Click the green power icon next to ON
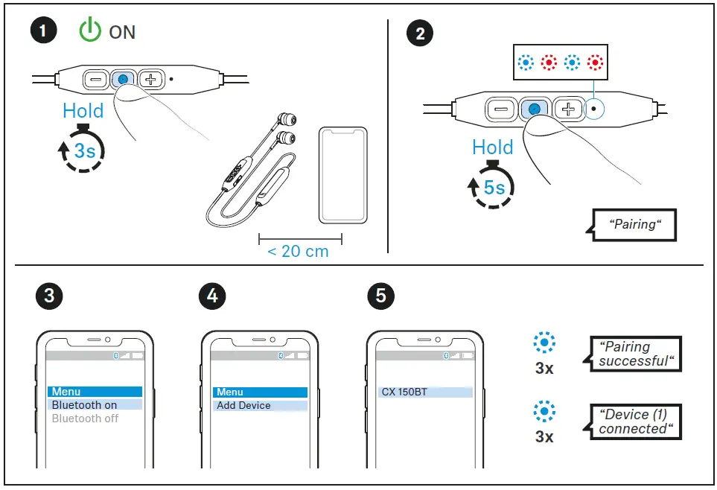pyautogui.click(x=90, y=31)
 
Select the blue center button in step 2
pyautogui.click(x=533, y=109)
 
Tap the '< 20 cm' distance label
pyautogui.click(x=298, y=251)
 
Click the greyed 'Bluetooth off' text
pyautogui.click(x=85, y=419)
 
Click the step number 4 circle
pyautogui.click(x=212, y=296)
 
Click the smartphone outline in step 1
pyautogui.click(x=343, y=176)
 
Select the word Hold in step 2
pyautogui.click(x=493, y=147)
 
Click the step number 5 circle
pyautogui.click(x=381, y=296)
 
